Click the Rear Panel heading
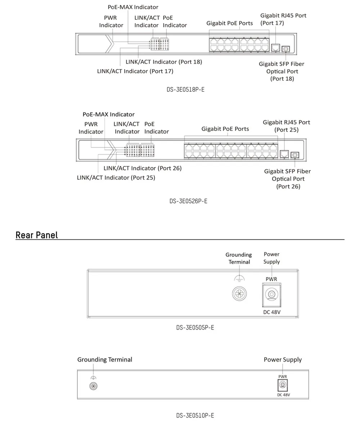(x=36, y=235)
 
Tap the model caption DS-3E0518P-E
(x=185, y=89)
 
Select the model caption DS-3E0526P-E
(x=188, y=201)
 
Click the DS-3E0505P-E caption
(x=195, y=327)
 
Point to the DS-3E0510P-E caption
(x=195, y=416)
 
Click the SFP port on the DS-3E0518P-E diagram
(x=286, y=48)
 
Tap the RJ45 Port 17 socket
(x=275, y=47)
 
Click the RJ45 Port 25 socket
(x=284, y=154)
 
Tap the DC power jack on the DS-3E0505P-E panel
(x=271, y=295)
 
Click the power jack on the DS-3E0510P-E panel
(x=283, y=386)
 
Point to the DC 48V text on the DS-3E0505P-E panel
(x=272, y=312)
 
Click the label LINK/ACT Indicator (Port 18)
(x=164, y=62)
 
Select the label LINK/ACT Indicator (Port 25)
(x=116, y=177)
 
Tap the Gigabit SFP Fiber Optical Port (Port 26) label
(x=288, y=179)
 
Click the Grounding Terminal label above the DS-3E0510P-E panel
(x=105, y=360)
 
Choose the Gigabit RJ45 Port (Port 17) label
(x=283, y=19)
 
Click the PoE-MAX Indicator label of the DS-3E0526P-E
(x=108, y=114)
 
